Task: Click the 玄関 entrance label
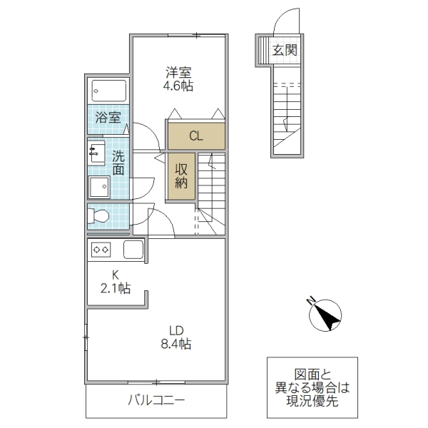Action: [285, 51]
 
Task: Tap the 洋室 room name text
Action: [178, 72]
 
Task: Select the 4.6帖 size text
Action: [178, 86]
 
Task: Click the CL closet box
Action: [197, 135]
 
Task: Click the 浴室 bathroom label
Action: [108, 117]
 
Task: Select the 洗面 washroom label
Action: [118, 163]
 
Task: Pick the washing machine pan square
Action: [98, 187]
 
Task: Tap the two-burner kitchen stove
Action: [101, 250]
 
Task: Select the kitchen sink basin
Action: [133, 250]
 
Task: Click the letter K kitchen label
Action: [113, 275]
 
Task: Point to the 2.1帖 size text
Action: [114, 288]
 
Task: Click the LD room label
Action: [175, 330]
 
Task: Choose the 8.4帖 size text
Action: [175, 345]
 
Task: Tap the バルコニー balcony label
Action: [156, 401]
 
